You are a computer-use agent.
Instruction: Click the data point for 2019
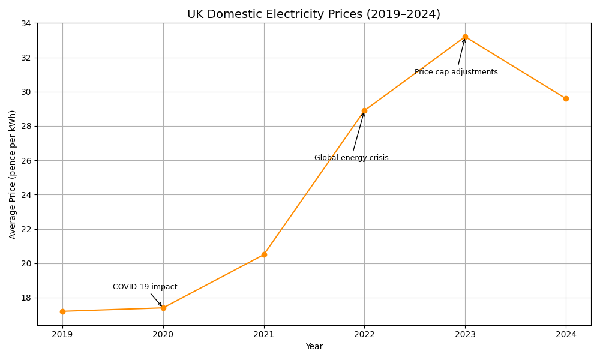62,311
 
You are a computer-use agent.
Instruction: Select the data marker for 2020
163,308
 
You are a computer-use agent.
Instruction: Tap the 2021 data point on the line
264,254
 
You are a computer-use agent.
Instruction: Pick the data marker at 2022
364,110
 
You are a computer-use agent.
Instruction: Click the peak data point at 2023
465,37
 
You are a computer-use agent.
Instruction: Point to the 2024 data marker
566,98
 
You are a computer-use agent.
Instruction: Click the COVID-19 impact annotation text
145,287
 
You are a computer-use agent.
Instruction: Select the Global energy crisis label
351,158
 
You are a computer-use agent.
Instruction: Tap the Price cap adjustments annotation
456,72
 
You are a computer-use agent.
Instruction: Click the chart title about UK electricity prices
314,14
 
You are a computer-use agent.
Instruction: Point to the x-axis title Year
314,346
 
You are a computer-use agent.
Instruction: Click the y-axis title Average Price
13,174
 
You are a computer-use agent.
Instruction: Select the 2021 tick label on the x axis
264,334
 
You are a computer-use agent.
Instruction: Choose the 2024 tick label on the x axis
566,334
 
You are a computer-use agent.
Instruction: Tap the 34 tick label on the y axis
26,23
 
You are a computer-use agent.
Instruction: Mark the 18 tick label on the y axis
26,298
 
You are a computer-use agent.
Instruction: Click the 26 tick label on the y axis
26,160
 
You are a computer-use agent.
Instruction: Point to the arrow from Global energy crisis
358,132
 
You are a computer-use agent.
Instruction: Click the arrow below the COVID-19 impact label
156,299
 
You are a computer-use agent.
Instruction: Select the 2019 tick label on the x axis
62,334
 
